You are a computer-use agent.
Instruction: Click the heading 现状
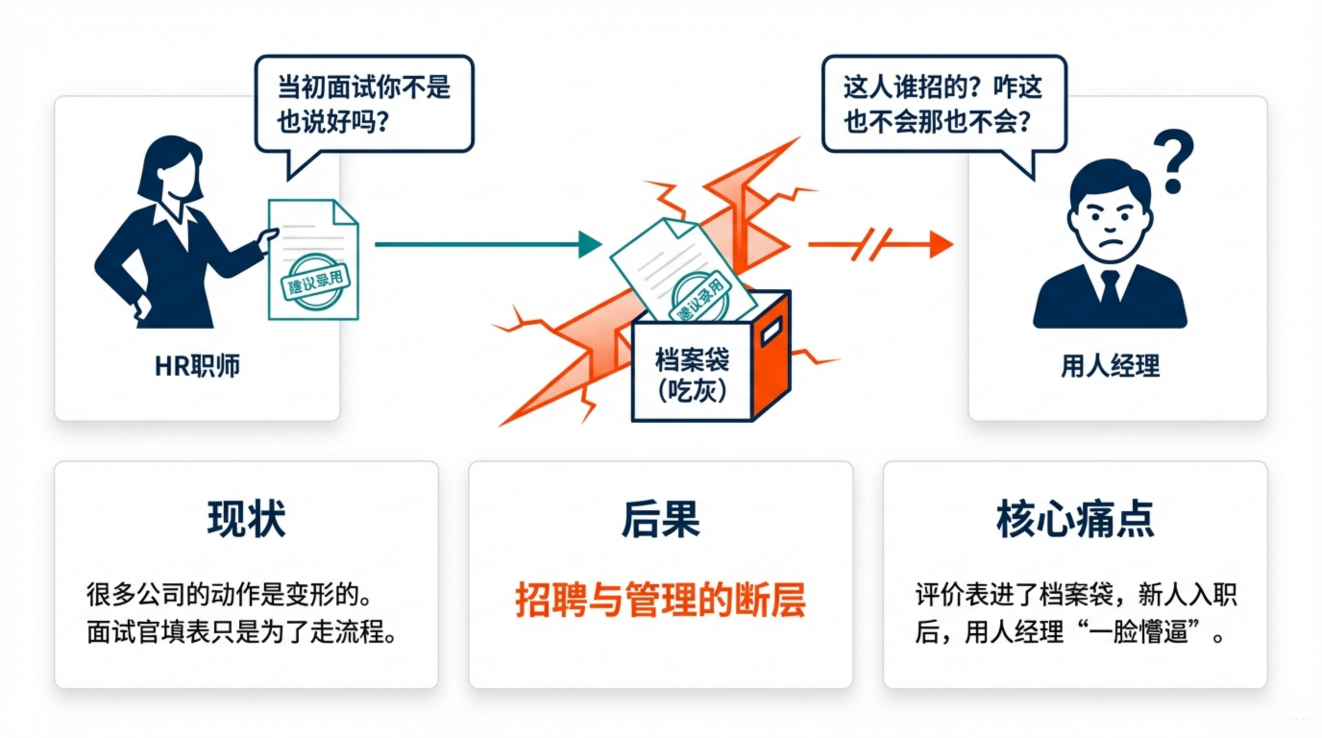[246, 519]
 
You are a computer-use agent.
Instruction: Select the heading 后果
[661, 519]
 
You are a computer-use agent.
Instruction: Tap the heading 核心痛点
[1075, 519]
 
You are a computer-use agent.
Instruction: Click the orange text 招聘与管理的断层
[661, 600]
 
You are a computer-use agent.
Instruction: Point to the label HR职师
[197, 366]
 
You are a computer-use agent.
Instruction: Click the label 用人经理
[1110, 366]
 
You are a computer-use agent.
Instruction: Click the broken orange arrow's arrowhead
[941, 244]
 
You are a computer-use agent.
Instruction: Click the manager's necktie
[1110, 291]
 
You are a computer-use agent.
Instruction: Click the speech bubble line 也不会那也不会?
[937, 122]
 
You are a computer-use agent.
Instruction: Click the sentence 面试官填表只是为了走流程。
[241, 632]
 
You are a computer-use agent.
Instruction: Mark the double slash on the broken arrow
[871, 244]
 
